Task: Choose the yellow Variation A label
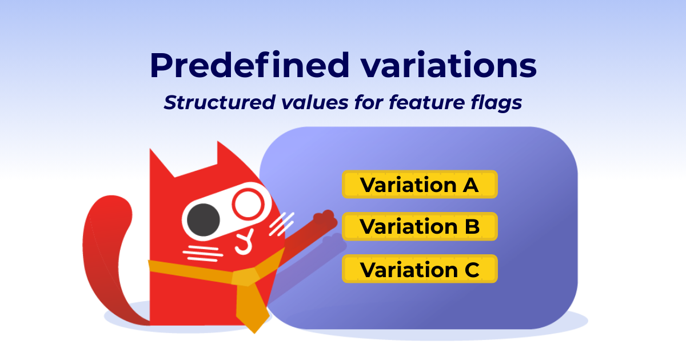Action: pyautogui.click(x=420, y=185)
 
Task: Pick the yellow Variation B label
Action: pyautogui.click(x=420, y=227)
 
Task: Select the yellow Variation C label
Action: pyautogui.click(x=420, y=269)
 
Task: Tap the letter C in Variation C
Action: pyautogui.click(x=470, y=269)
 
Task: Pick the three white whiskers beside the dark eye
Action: pyautogui.click(x=200, y=251)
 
